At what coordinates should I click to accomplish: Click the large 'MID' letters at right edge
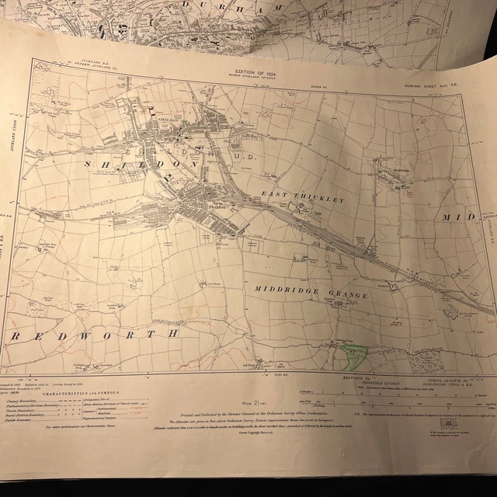coord(457,218)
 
